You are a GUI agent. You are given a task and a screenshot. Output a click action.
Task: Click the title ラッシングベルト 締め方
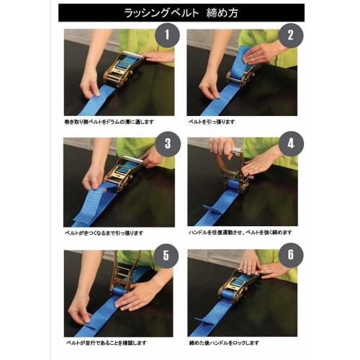point(180,13)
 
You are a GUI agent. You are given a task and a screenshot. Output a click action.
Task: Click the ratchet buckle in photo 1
point(122,68)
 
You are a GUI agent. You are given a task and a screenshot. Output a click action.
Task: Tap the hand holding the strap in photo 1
point(91,85)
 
